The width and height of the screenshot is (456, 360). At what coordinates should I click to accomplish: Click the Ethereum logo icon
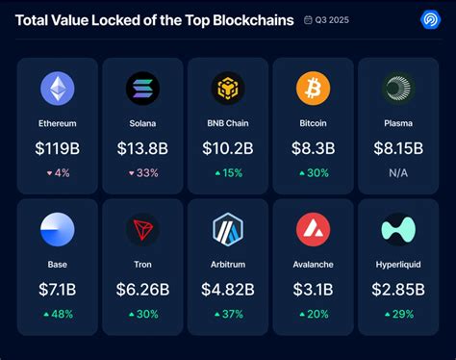click(x=58, y=89)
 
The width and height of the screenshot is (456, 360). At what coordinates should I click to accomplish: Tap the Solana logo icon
click(x=142, y=89)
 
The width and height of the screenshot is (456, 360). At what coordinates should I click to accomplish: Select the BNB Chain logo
click(x=228, y=89)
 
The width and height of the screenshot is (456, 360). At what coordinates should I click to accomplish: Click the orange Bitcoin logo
click(x=313, y=89)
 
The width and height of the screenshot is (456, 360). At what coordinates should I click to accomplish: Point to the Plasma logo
click(x=398, y=89)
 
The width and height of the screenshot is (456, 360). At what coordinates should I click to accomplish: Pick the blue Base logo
click(x=58, y=231)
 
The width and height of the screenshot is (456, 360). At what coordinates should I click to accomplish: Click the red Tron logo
click(x=142, y=231)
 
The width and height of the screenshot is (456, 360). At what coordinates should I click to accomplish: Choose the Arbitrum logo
click(x=228, y=231)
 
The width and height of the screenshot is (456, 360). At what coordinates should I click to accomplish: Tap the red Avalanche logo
click(x=313, y=231)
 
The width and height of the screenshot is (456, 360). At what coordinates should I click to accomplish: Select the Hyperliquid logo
click(x=398, y=231)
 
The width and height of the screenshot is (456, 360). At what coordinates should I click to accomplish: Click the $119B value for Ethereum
click(x=58, y=149)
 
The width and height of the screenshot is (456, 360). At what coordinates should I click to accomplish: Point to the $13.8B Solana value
click(x=142, y=149)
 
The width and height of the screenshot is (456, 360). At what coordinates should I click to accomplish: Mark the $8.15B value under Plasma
click(x=398, y=149)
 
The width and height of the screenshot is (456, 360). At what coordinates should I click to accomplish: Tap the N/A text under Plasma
click(x=398, y=172)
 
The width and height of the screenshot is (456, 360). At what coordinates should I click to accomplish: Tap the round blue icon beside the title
click(x=430, y=19)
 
